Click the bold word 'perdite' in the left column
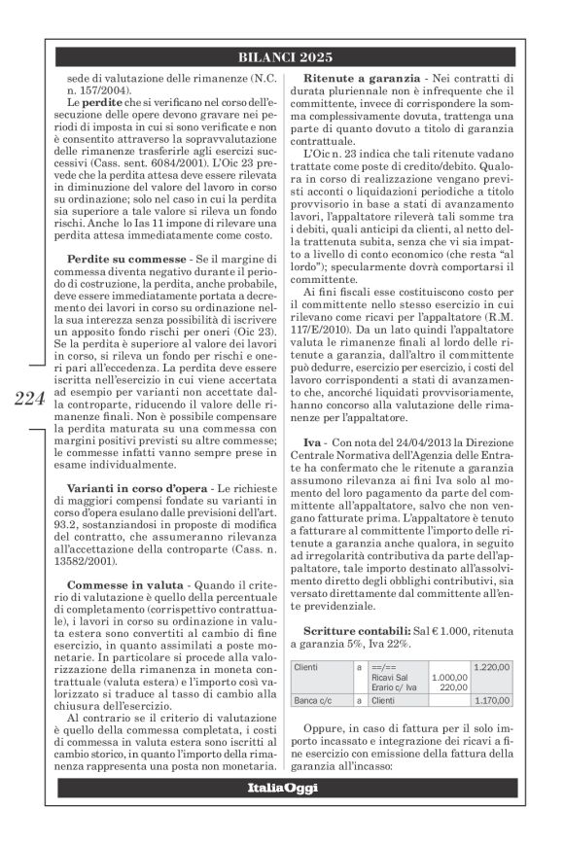(95, 102)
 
